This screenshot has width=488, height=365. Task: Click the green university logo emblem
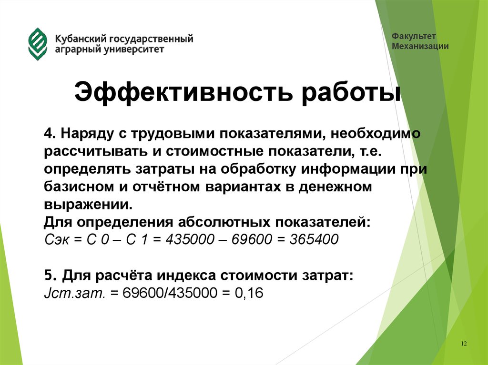click(x=38, y=44)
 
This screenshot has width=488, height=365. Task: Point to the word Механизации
click(x=420, y=46)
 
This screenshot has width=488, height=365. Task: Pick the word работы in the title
click(x=348, y=92)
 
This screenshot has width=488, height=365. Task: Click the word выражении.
click(x=88, y=205)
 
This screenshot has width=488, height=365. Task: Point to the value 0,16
click(x=249, y=293)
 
